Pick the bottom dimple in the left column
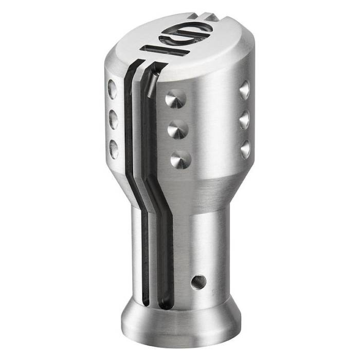(114, 149)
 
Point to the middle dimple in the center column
(177, 129)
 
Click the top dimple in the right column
(244, 90)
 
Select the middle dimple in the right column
(245, 119)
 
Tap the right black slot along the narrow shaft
(163, 247)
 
